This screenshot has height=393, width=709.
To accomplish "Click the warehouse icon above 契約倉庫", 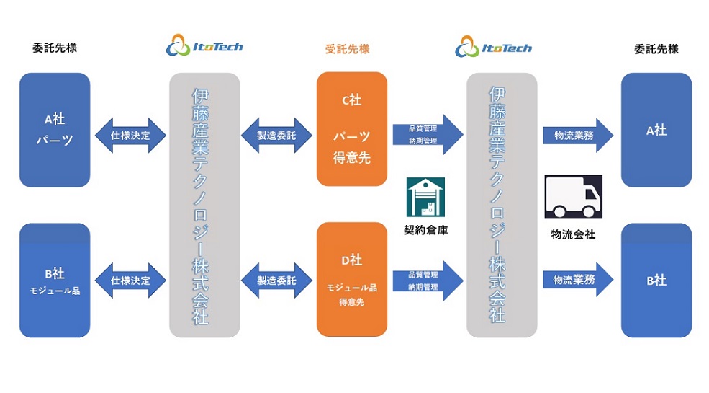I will point(425,197).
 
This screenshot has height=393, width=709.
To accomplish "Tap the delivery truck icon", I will point(573,197).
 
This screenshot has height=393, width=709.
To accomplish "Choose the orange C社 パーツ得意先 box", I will point(352,129).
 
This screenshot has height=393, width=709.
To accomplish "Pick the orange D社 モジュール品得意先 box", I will point(352,279).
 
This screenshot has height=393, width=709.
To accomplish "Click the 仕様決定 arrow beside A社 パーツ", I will point(130,136).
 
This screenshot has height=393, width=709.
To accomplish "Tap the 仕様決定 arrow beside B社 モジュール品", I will point(130,281).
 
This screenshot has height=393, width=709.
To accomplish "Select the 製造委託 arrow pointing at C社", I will point(276,136).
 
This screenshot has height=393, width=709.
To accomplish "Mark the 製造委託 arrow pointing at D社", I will point(276,281).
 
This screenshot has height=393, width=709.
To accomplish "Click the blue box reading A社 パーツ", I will point(55,130).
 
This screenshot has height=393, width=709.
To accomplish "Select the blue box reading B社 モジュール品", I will point(55,281).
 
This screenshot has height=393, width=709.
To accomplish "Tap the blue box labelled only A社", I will point(656,130).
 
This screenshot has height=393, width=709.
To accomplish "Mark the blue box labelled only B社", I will point(656,281).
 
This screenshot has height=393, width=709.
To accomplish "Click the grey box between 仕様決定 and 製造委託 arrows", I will point(204,205).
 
